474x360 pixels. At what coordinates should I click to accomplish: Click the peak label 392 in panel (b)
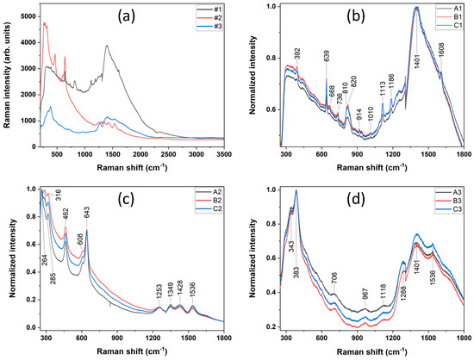pos(296,52)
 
